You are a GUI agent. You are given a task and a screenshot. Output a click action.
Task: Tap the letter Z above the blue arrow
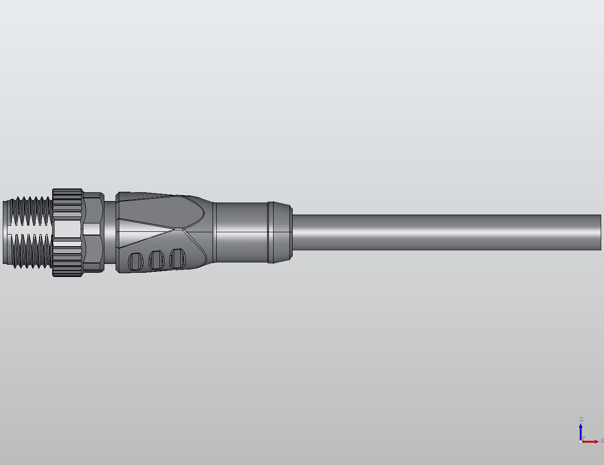point(581,419)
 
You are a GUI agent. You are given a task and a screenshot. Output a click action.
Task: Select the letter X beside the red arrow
point(602,440)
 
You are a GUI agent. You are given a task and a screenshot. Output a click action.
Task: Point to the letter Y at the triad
point(583,438)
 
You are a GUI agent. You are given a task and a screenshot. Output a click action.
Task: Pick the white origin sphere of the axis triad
point(581,441)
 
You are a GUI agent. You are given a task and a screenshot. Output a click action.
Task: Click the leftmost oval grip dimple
point(136,261)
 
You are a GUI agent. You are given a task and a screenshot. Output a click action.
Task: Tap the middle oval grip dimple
point(156,259)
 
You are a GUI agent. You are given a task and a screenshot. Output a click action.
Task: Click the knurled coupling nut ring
point(68,232)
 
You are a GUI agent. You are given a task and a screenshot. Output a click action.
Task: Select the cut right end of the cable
point(600,232)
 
